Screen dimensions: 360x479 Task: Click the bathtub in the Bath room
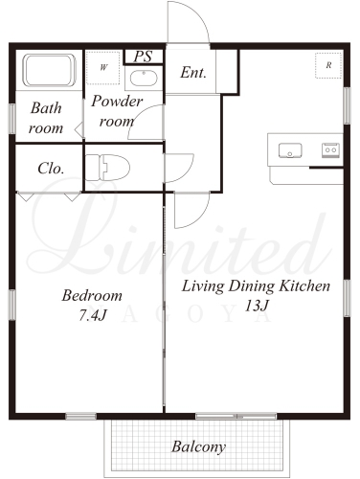click(x=50, y=70)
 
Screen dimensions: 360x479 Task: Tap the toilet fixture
click(x=107, y=168)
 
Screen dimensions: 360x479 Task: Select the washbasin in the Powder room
click(x=144, y=79)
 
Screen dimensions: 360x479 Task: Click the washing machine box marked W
click(x=103, y=68)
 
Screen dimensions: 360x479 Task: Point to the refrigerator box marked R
click(x=328, y=65)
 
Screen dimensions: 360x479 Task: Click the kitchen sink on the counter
click(x=290, y=150)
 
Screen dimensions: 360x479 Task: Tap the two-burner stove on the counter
click(x=330, y=150)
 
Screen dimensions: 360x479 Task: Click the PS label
click(x=143, y=57)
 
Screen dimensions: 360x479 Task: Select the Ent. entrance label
click(x=193, y=73)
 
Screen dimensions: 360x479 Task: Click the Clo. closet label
click(x=51, y=169)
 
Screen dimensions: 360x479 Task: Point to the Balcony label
click(x=198, y=446)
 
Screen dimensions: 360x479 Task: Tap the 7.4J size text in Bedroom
click(x=92, y=316)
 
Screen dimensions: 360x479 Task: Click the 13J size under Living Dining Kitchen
click(x=256, y=306)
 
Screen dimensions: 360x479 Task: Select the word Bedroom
click(x=92, y=295)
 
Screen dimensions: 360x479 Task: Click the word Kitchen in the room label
click(x=304, y=286)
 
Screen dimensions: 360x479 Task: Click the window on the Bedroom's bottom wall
click(x=81, y=416)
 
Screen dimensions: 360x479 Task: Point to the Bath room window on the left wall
click(x=12, y=119)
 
